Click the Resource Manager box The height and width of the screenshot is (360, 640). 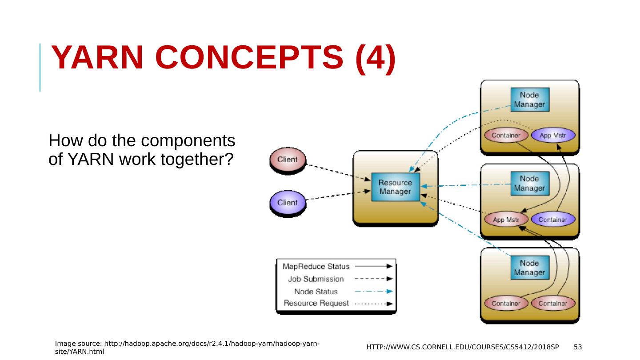[396, 187]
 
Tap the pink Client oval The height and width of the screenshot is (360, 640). [288, 160]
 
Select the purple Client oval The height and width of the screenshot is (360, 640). [288, 202]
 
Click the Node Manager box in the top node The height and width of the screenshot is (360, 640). [530, 100]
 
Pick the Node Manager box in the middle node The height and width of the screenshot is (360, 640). [530, 184]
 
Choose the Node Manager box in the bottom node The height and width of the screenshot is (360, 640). [530, 268]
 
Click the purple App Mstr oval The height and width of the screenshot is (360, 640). [553, 135]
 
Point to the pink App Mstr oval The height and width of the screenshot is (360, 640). [506, 220]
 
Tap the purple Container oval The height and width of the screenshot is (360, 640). [553, 220]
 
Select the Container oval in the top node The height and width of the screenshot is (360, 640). [506, 135]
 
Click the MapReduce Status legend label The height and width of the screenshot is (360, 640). [316, 267]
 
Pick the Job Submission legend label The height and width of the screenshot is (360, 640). [316, 279]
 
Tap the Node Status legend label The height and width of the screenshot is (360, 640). [316, 292]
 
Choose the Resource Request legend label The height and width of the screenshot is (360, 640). [316, 303]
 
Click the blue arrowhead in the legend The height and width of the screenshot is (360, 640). [389, 292]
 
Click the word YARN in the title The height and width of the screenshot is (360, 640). [97, 57]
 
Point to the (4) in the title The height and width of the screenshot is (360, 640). [376, 59]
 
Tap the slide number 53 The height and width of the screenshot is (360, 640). [578, 347]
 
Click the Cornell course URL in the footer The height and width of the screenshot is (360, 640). [463, 347]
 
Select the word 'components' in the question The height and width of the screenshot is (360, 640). [188, 141]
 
